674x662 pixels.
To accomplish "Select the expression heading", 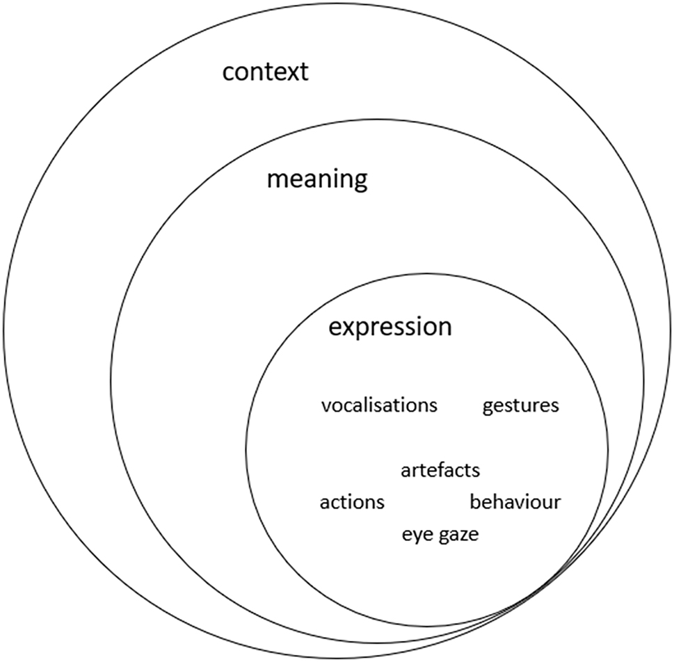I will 390,326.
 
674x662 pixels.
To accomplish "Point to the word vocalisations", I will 379,405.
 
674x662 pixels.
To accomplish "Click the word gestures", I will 520,405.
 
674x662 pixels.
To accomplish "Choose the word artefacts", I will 440,470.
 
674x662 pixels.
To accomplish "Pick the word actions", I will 352,501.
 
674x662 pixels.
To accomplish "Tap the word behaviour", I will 515,501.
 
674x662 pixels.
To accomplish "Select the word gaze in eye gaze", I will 456,536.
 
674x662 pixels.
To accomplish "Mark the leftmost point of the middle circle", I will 111,381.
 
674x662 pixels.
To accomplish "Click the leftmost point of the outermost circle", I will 3,331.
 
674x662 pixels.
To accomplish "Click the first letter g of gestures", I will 488,407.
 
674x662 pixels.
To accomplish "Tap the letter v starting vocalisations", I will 326,405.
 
